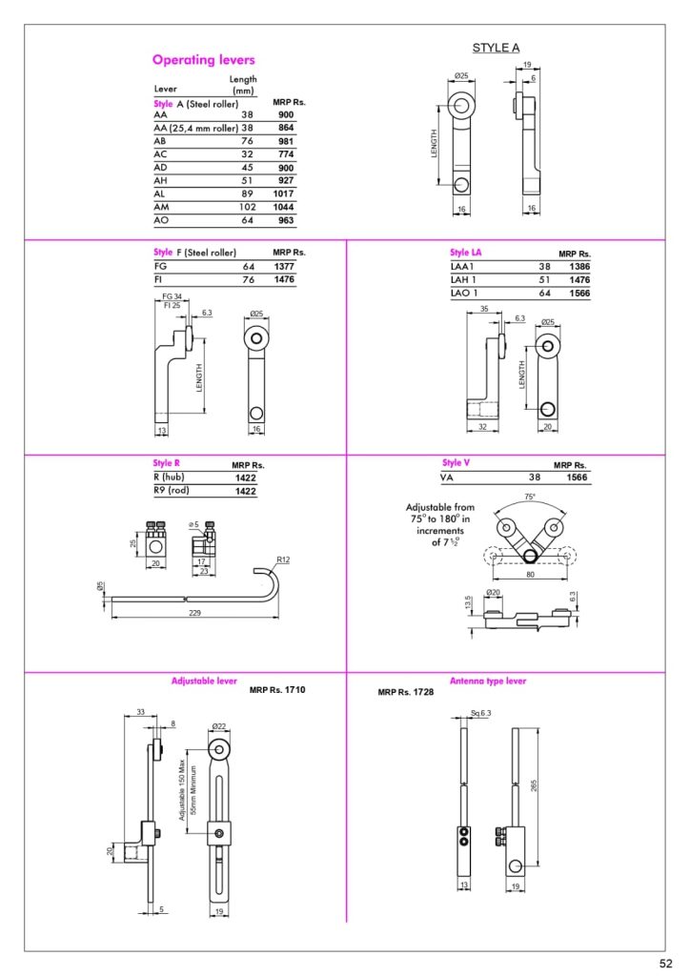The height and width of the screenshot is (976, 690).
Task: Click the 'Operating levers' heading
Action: click(203, 60)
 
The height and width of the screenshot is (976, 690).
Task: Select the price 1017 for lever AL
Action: click(283, 193)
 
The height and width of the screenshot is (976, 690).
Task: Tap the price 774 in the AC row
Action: click(286, 153)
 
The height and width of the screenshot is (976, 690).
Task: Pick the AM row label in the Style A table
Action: click(161, 207)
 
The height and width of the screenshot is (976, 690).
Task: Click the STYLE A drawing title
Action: click(496, 48)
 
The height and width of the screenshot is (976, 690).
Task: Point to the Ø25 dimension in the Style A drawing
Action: click(461, 76)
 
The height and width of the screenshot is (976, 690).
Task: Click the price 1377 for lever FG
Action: click(284, 267)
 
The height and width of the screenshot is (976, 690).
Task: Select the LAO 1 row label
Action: click(464, 294)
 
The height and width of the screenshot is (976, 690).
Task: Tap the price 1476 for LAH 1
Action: click(579, 280)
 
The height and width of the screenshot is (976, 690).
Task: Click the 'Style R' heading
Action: click(166, 463)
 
